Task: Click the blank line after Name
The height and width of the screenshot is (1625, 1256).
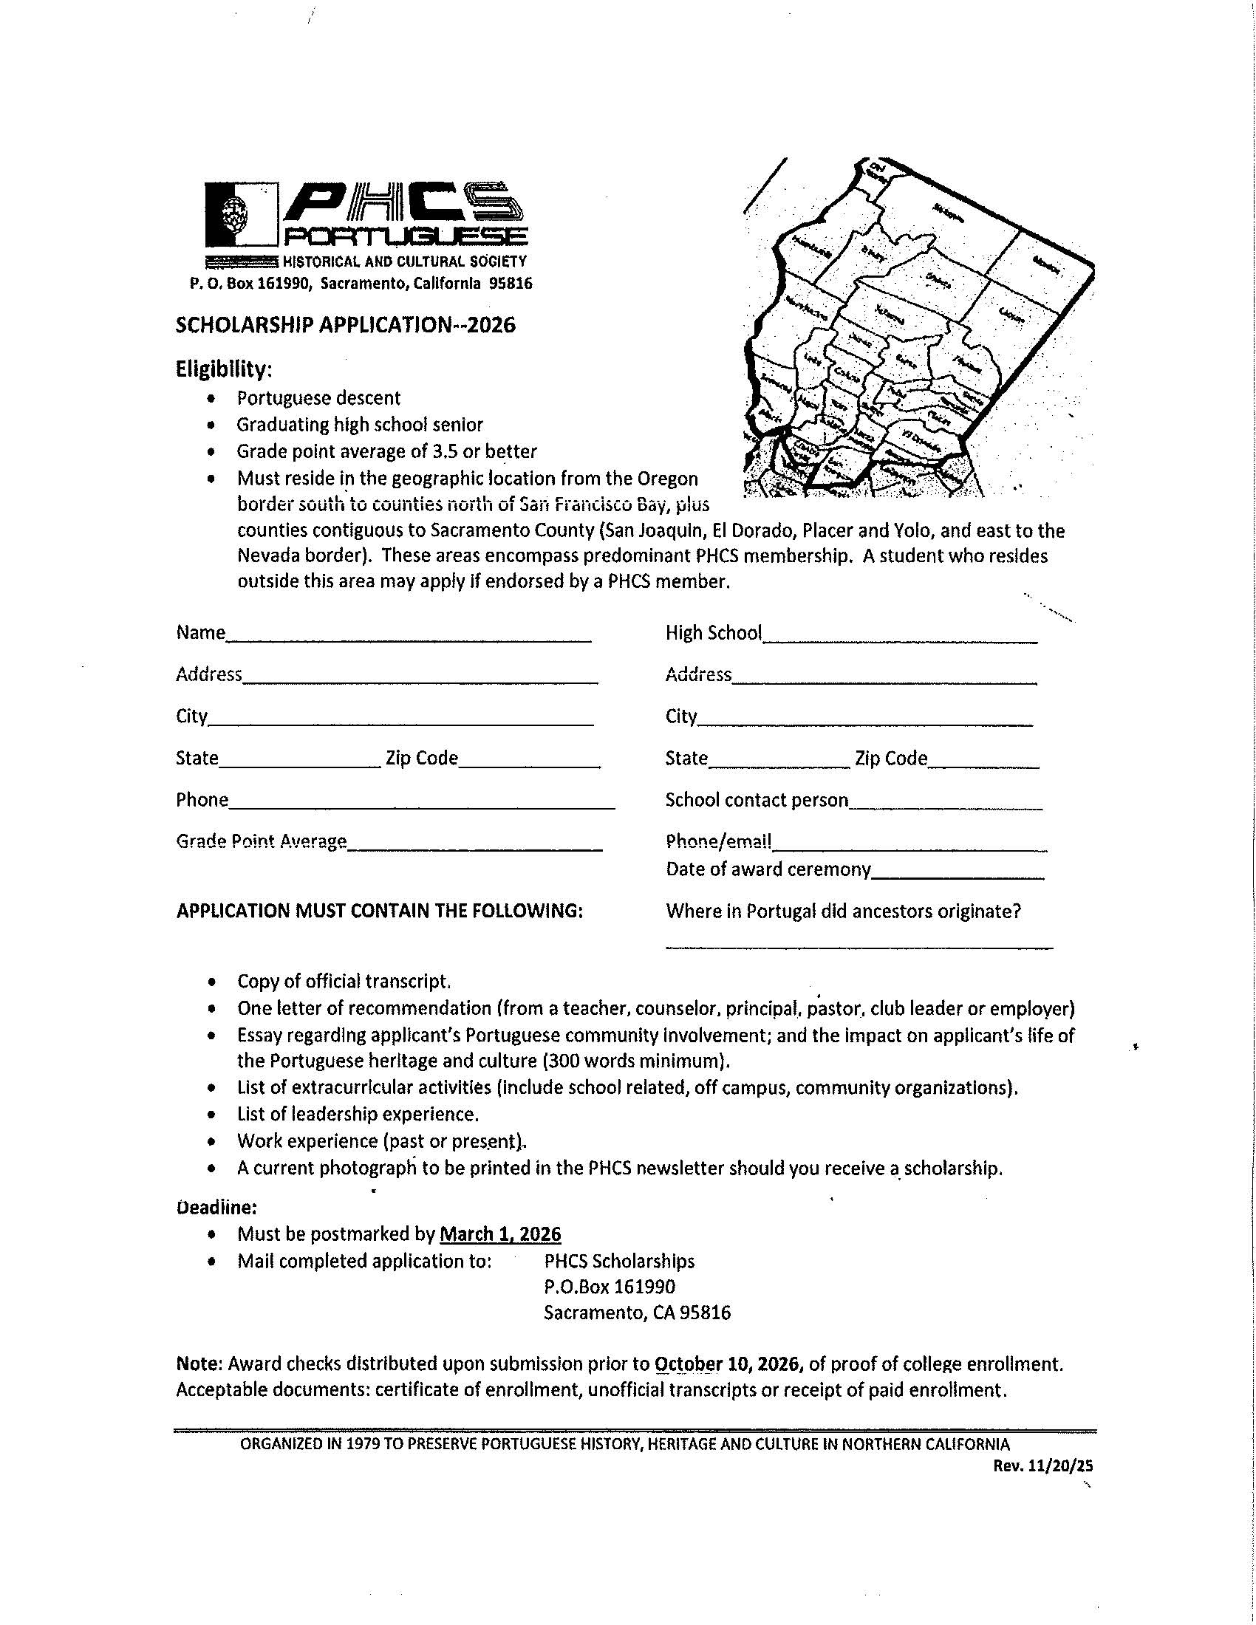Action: (x=409, y=638)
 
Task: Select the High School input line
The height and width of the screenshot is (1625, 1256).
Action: (x=900, y=639)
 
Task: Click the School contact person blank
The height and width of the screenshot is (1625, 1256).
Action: (x=945, y=807)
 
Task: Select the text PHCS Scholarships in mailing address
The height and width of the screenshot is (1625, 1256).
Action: (x=619, y=1261)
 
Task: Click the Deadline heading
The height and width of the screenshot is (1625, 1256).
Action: (x=216, y=1207)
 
